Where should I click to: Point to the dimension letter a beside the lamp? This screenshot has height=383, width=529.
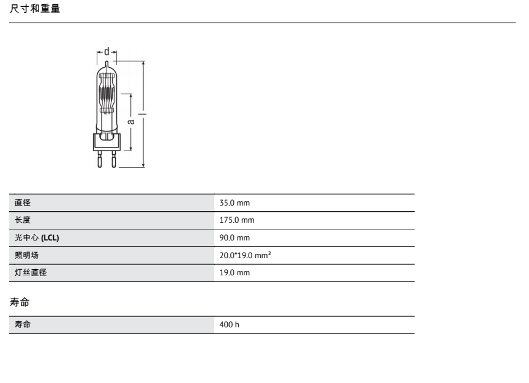click(130, 121)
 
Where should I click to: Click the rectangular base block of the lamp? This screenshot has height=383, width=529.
click(107, 142)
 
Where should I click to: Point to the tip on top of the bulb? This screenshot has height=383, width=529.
click(107, 64)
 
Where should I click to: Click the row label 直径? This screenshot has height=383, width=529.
click(23, 203)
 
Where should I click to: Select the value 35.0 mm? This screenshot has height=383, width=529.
click(234, 203)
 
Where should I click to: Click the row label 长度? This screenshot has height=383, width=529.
click(23, 220)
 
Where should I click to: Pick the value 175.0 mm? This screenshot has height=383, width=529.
click(236, 220)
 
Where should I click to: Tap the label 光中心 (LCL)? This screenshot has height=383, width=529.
click(37, 237)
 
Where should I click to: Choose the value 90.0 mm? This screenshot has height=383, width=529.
click(234, 237)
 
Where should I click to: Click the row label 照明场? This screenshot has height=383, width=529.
click(27, 255)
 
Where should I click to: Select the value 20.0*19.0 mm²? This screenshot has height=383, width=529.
click(245, 255)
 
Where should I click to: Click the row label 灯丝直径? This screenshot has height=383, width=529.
click(31, 272)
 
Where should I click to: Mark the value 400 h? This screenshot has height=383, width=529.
click(229, 324)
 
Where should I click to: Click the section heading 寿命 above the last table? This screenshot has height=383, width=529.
click(20, 302)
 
